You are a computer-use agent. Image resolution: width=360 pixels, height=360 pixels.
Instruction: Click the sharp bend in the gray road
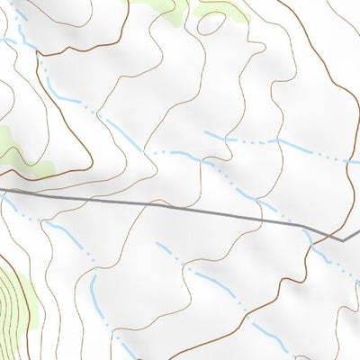pos(344,239)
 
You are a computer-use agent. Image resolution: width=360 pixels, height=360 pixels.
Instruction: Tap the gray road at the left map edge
pos(2,190)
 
